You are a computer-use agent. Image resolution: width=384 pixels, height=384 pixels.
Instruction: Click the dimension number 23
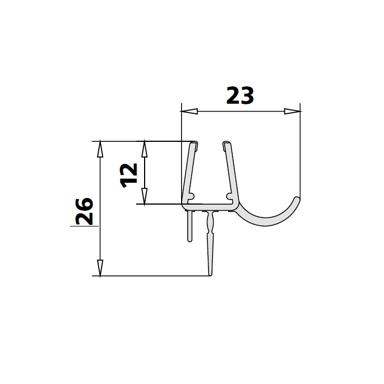coord(240,96)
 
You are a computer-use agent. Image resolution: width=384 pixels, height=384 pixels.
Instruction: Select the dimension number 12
coord(129,174)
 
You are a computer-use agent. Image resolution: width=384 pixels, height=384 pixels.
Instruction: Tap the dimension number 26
coord(85,211)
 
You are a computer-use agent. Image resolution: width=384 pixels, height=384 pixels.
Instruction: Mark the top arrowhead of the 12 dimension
coord(144,148)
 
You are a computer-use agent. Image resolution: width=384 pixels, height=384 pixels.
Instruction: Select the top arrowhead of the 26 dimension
coord(100,149)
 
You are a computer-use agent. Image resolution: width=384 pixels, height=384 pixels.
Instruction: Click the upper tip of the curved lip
coord(298,198)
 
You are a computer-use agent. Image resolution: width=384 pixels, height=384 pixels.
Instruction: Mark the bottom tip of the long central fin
coord(211,274)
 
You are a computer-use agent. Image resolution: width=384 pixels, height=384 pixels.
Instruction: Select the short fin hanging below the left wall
coord(189,227)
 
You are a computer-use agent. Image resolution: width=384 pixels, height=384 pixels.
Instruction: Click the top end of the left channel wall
coord(194,144)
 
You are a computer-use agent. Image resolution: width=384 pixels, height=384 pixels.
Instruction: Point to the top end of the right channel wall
coord(226,144)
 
